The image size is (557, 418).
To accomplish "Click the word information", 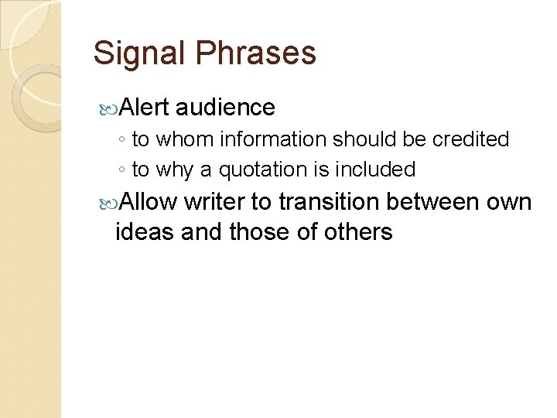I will pyautogui.click(x=275, y=139).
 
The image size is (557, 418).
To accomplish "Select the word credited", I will pyautogui.click(x=470, y=139).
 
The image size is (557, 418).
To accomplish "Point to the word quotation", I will pyautogui.click(x=264, y=169).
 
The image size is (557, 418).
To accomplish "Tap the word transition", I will pyautogui.click(x=329, y=202).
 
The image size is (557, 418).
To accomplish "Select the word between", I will pyautogui.click(x=433, y=202).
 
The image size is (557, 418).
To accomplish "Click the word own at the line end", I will pyautogui.click(x=511, y=202).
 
